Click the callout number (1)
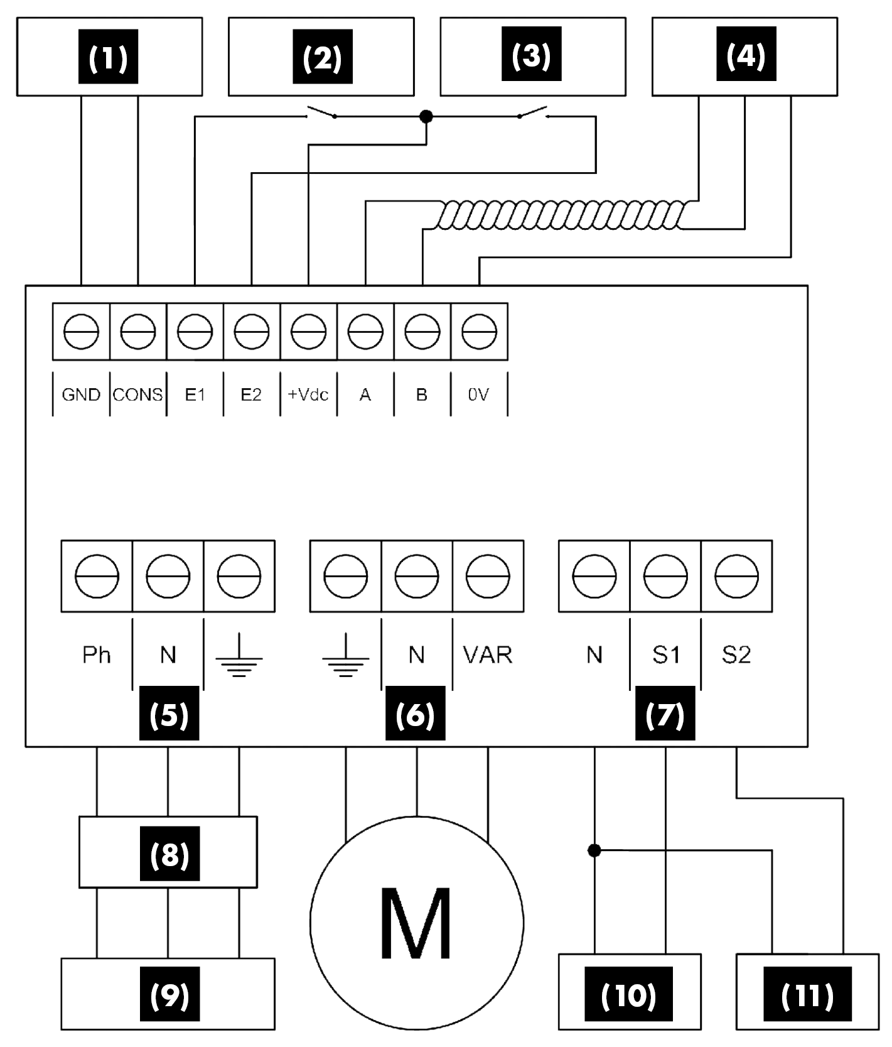(108, 57)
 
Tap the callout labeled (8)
(169, 854)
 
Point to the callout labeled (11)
(807, 995)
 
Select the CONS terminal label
(137, 395)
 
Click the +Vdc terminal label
(308, 395)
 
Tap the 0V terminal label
(478, 395)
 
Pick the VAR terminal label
(488, 655)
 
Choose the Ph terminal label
(96, 655)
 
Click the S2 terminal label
(736, 655)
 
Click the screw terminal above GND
(82, 331)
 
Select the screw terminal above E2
(252, 331)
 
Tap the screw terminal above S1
(665, 576)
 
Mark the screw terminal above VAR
(488, 576)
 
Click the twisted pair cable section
(559, 216)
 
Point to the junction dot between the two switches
(426, 116)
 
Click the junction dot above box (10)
(594, 850)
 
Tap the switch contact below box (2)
(322, 114)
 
